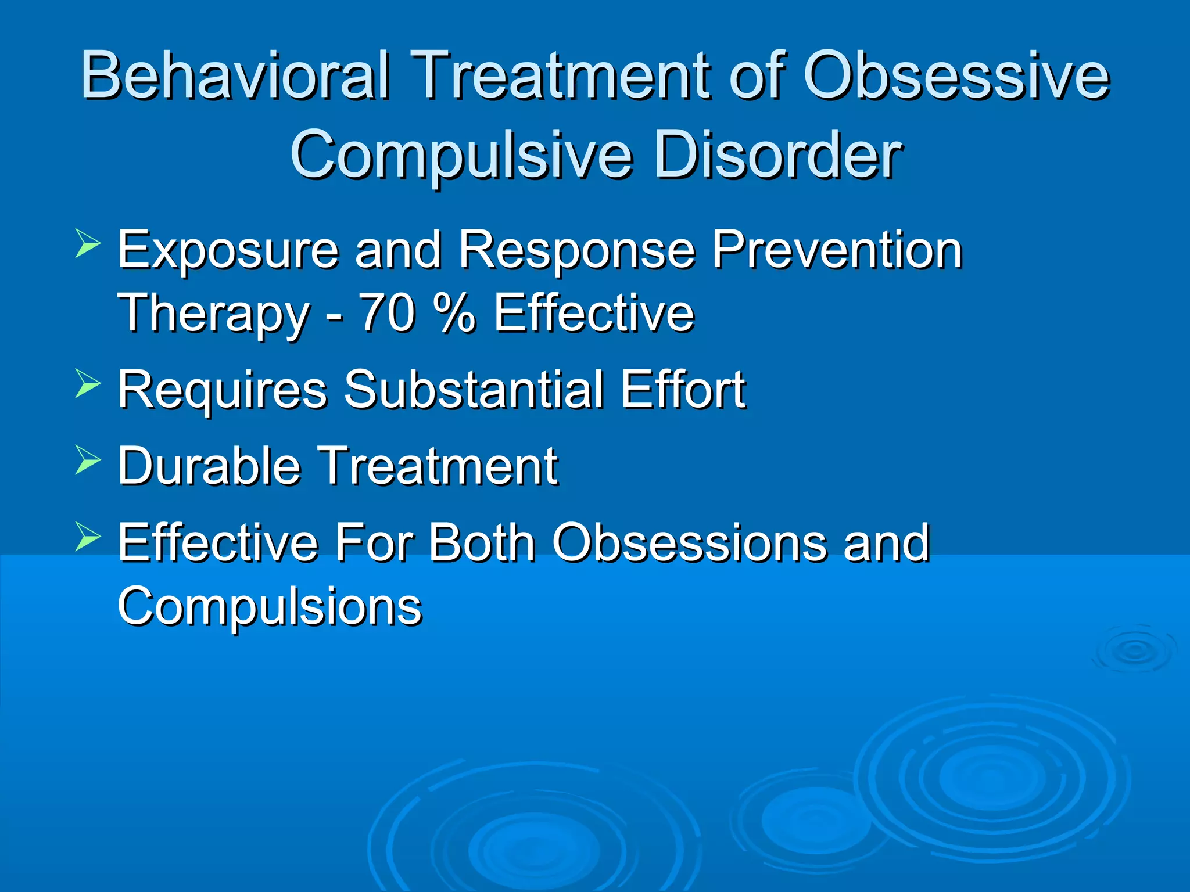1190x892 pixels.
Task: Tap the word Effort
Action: click(x=683, y=390)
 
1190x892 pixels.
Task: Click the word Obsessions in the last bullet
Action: click(x=689, y=542)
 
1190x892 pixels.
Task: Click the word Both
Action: click(x=482, y=542)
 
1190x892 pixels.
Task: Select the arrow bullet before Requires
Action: click(x=88, y=384)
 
